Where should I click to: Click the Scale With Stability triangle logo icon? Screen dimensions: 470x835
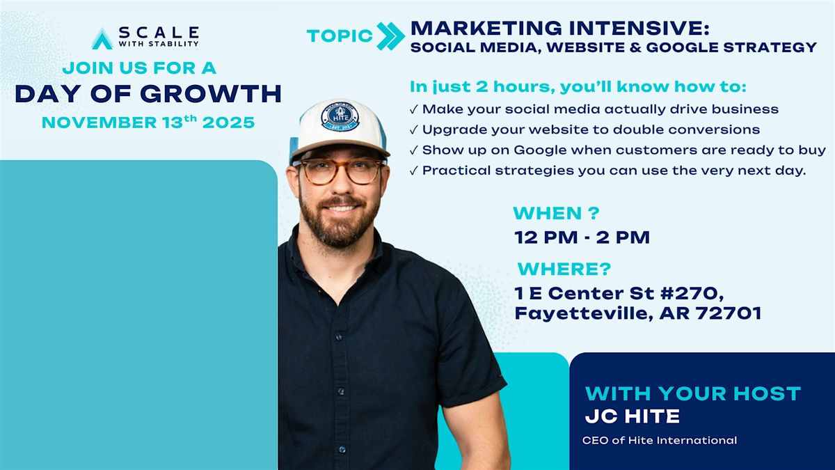pos(102,38)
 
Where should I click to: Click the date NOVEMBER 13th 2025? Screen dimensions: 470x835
pos(148,123)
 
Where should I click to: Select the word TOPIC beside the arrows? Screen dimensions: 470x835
pos(340,37)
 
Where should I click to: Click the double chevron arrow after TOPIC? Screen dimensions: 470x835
pos(390,36)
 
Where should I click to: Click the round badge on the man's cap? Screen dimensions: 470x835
pos(340,116)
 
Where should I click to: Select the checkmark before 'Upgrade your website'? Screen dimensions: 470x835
pos(415,130)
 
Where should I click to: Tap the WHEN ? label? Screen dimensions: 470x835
pos(556,213)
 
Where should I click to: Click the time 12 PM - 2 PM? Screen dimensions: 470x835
pos(582,237)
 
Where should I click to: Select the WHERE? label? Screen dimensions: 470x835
pos(564,269)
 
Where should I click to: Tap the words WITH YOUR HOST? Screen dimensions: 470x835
pos(692,393)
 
